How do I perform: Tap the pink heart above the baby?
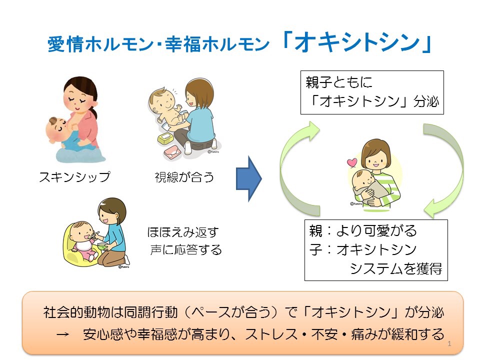[352, 163]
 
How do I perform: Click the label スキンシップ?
[74, 177]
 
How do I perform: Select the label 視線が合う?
[184, 177]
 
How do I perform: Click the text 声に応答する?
[186, 249]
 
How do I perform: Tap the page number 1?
[450, 344]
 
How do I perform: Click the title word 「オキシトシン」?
[356, 43]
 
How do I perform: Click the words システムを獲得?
[395, 268]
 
